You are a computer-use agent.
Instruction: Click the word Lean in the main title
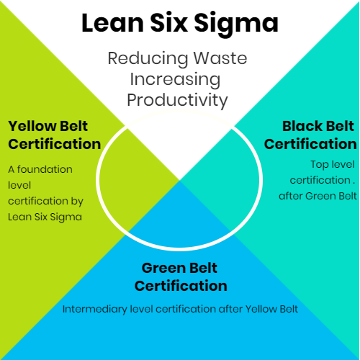(x=113, y=23)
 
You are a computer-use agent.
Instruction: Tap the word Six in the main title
(x=168, y=23)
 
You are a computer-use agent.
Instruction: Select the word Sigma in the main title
(x=236, y=24)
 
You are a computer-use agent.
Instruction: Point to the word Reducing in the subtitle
(x=148, y=59)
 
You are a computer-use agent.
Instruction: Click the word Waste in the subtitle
(x=220, y=58)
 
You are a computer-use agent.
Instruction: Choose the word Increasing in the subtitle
(x=175, y=80)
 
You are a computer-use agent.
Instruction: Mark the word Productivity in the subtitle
(x=177, y=101)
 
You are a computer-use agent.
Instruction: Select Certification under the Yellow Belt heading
(x=55, y=144)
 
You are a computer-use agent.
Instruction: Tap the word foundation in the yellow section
(x=45, y=169)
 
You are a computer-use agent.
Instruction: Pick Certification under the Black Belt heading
(x=310, y=144)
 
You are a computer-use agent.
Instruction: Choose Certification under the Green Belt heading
(x=181, y=286)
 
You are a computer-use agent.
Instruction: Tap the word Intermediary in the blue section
(x=95, y=310)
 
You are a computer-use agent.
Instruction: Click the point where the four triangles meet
(x=179, y=180)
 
